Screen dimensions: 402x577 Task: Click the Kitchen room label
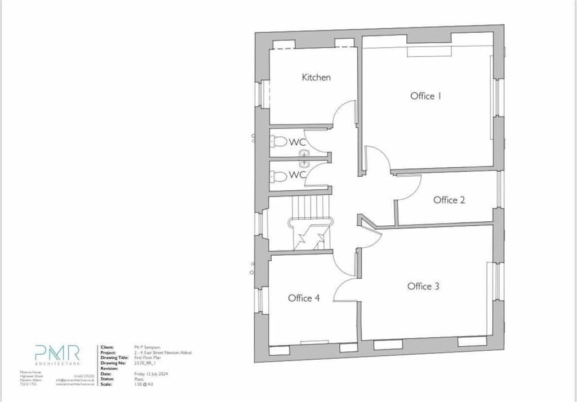pos(316,78)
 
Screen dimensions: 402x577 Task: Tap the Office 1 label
pos(425,96)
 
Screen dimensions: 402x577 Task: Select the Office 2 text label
pos(449,200)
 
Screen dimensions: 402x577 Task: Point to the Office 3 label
pos(423,287)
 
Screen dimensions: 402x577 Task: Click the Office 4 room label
pos(304,298)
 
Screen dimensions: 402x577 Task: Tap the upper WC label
pos(298,142)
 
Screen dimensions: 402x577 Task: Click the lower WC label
pos(298,175)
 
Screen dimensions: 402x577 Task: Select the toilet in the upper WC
pos(278,141)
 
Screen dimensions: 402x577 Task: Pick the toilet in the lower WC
pos(278,176)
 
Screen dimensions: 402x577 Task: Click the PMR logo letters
pos(57,353)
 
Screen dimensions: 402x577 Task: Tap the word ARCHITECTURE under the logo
pos(57,365)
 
